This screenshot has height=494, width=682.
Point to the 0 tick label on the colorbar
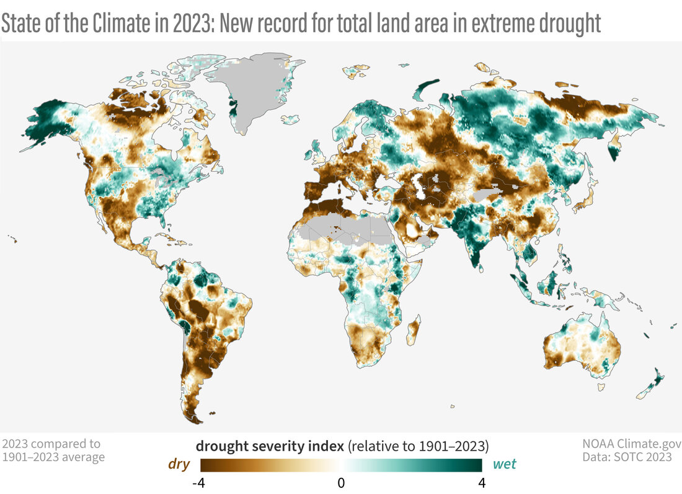tap(341, 482)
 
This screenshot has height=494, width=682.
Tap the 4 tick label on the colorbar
tap(481, 482)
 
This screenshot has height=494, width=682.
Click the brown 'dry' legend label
tap(179, 464)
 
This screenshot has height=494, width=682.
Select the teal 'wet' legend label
tap(504, 464)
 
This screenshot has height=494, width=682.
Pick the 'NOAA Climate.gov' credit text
tap(631, 444)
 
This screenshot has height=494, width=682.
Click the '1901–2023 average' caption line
tap(53, 457)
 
